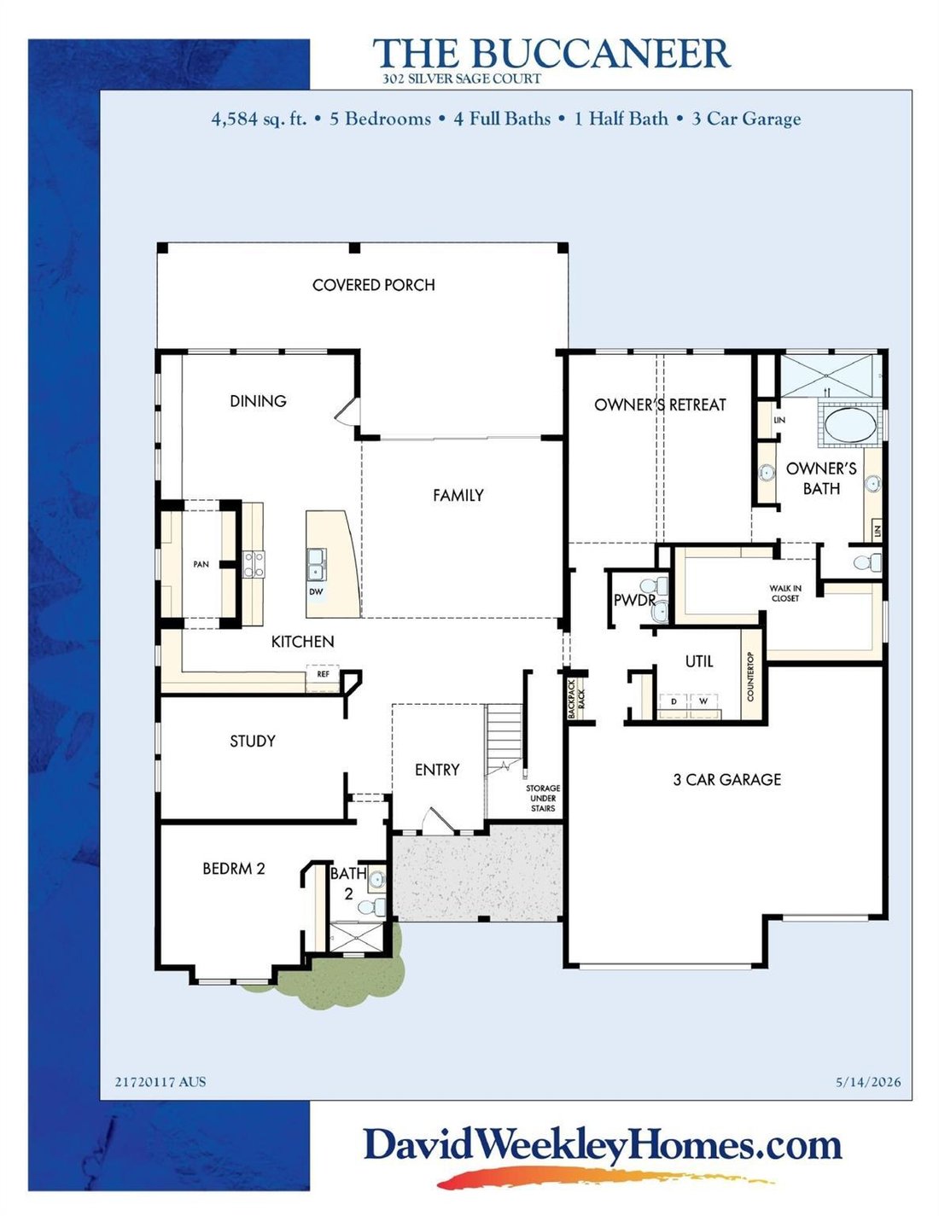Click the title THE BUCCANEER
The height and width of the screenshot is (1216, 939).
click(x=551, y=53)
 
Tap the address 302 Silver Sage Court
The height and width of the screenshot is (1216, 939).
click(x=462, y=79)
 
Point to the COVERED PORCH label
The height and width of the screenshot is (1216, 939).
click(x=373, y=285)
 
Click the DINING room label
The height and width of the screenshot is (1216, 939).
click(x=258, y=401)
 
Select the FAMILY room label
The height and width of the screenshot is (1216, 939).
click(x=458, y=495)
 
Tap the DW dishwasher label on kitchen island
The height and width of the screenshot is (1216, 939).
click(x=316, y=591)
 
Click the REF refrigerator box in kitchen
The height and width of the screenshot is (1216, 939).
click(x=323, y=674)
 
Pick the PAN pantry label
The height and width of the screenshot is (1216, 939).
click(x=201, y=564)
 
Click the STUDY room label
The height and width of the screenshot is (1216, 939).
click(x=253, y=741)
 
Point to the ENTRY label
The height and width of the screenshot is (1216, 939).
click(x=437, y=770)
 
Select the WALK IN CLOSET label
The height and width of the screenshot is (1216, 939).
click(x=784, y=593)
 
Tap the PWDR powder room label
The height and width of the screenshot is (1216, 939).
click(x=634, y=601)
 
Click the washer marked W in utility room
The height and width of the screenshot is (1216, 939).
click(x=703, y=701)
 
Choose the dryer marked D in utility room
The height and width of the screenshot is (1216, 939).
click(x=674, y=701)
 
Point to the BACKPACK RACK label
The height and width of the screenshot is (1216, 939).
click(x=576, y=699)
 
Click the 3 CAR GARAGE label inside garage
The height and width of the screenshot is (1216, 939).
click(x=726, y=779)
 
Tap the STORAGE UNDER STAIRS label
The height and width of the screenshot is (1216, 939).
click(x=542, y=798)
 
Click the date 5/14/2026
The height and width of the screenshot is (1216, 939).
click(x=868, y=1082)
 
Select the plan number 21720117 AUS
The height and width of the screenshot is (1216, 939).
click(x=160, y=1082)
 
